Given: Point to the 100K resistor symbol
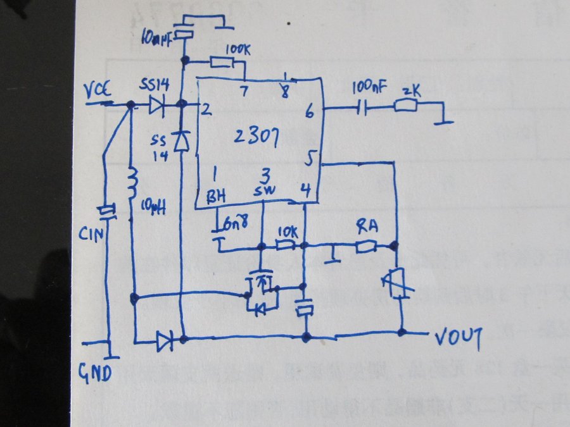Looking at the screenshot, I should click(x=222, y=62).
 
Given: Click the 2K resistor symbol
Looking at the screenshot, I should click(x=405, y=107).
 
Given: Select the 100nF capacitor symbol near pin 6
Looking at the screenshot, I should click(x=362, y=107).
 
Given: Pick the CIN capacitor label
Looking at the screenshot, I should click(x=90, y=235).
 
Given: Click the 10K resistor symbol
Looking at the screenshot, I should click(x=287, y=245).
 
